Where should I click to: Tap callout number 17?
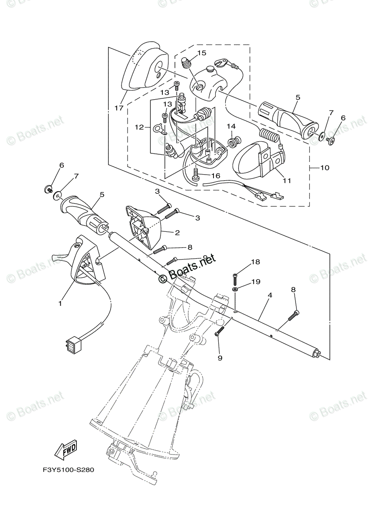coord(119,108)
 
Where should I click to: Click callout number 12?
coord(138,127)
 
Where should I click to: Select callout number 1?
coord(60,304)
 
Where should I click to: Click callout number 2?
coord(177,233)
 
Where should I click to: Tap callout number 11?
coord(286,180)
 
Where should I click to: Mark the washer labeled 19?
coord(235,289)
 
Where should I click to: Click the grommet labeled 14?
coord(237,141)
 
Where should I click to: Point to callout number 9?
coord(220,358)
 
